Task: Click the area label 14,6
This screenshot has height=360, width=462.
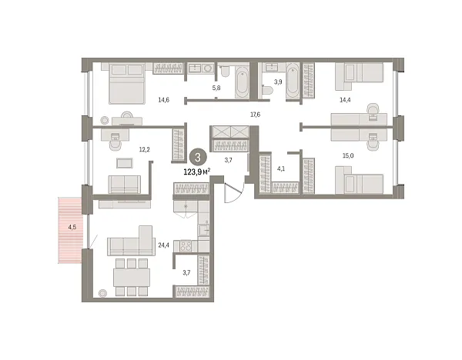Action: pos(164,100)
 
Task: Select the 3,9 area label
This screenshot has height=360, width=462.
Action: pos(279,82)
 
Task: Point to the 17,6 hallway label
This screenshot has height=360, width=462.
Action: pos(256,115)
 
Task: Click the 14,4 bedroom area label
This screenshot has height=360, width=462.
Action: pos(344,100)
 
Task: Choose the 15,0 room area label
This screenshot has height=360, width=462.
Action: pos(347,155)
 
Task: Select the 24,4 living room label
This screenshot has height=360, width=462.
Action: pos(163,246)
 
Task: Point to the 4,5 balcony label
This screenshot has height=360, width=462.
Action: pos(72,228)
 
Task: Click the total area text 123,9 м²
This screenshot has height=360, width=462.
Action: pos(196,172)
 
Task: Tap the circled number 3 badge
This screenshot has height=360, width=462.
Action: pos(199,157)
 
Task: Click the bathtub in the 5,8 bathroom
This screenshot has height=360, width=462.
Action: pos(240,83)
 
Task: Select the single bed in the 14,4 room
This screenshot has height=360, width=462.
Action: pos(363,74)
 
